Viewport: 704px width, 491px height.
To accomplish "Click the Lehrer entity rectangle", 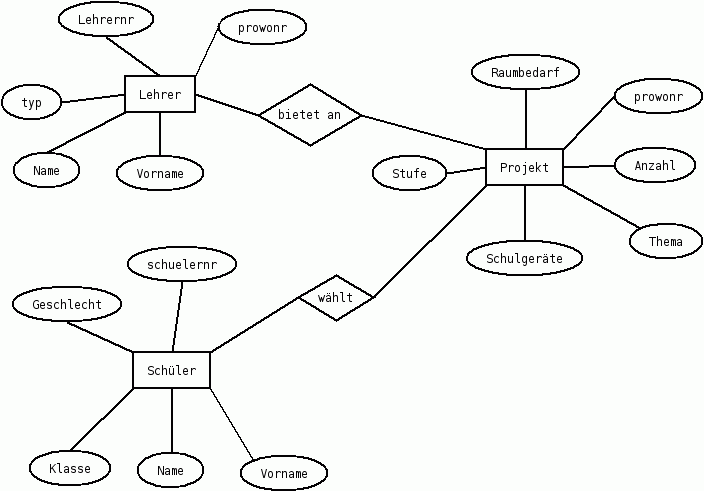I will point(160,95).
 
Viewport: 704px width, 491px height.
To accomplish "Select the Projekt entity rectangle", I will point(524,167).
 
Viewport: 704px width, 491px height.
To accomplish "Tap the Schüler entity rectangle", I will point(172,371).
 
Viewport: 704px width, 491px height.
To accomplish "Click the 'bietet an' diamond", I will point(309,114).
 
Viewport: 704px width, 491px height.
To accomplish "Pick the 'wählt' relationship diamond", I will point(336,298).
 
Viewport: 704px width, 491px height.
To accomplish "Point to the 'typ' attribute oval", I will point(31,102).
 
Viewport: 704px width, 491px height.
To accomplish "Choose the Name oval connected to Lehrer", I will point(47,170).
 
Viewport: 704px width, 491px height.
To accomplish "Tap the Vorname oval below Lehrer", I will point(159,173).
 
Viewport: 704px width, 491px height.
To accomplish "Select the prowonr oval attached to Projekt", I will point(657,97).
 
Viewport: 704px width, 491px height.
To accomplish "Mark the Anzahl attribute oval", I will point(655,165).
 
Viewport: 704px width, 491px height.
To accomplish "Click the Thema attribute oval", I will point(666,241).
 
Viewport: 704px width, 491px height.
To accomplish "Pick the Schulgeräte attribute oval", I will point(524,258).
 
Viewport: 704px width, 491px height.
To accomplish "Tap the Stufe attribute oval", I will point(409,173).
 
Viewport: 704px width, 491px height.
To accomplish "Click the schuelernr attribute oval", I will point(182,264).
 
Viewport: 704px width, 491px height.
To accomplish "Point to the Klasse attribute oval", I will point(69,467).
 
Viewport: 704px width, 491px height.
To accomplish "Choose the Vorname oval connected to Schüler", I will point(284,473).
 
